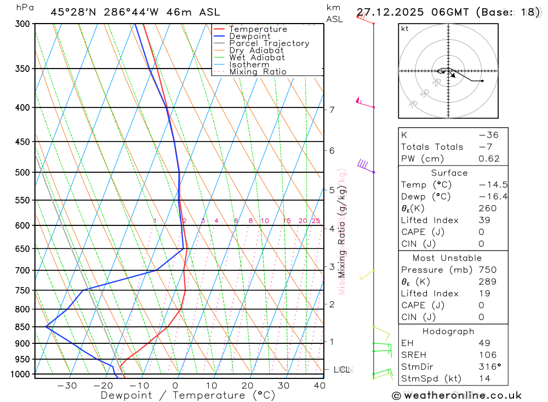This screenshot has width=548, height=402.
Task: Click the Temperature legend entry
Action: click(258, 29)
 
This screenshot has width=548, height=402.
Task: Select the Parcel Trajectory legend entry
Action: click(269, 43)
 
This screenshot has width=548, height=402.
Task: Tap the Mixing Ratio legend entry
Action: click(258, 72)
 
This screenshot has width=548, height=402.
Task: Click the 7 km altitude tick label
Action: click(332, 110)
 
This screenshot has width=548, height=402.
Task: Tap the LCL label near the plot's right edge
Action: click(342, 370)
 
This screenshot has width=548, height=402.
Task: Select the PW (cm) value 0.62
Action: click(489, 159)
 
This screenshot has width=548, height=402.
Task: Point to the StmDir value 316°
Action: click(488, 367)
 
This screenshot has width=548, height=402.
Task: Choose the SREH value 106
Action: click(488, 355)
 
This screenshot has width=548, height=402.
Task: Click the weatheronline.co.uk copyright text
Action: click(457, 395)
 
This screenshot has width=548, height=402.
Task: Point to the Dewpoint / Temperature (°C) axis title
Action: click(187, 395)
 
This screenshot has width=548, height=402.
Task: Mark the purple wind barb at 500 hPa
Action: click(363, 164)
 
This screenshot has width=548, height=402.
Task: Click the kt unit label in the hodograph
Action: click(405, 29)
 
